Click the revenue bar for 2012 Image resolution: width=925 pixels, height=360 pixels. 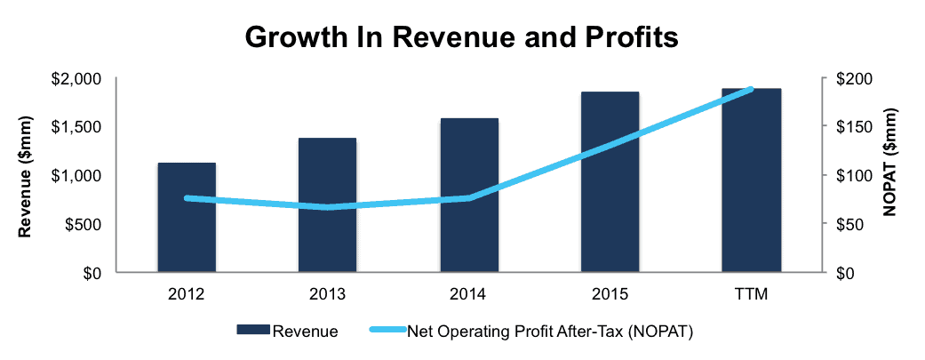(x=187, y=217)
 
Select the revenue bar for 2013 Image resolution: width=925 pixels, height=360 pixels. (x=327, y=204)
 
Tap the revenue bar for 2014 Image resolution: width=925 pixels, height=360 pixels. (x=469, y=196)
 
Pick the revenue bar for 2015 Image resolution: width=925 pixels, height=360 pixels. (x=610, y=181)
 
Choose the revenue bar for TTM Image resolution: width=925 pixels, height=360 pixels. (x=752, y=180)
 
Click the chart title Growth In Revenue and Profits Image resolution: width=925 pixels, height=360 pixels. (x=461, y=37)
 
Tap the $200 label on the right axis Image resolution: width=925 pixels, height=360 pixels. (x=850, y=78)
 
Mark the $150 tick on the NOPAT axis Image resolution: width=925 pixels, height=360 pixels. (x=850, y=126)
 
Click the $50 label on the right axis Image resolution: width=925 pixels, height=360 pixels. (x=847, y=224)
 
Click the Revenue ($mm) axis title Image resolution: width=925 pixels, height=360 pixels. (x=25, y=176)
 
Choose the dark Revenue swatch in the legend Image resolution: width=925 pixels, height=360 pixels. (x=253, y=330)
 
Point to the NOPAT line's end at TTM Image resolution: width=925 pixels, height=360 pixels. (x=751, y=89)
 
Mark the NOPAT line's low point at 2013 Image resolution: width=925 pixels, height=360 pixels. (x=327, y=206)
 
